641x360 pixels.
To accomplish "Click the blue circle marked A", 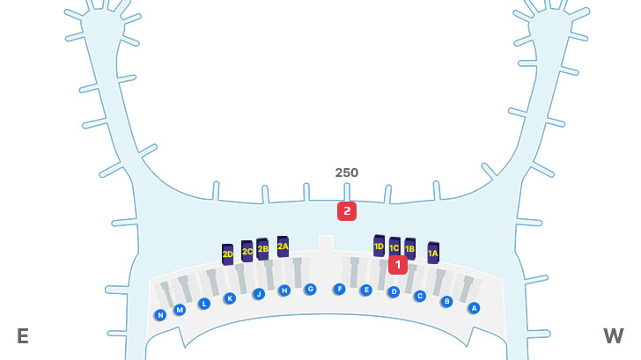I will click(473, 308).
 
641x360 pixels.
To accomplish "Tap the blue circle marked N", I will click(160, 315).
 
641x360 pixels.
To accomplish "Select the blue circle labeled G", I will click(310, 289).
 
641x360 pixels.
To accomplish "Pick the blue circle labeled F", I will click(339, 289).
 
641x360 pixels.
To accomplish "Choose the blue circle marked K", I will click(230, 298).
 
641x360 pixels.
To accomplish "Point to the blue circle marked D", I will click(394, 291).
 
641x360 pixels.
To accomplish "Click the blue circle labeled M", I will click(180, 310).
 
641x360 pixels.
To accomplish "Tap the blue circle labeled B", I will click(446, 301).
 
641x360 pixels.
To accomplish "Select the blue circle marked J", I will click(259, 294).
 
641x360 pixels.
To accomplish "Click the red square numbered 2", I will click(347, 211).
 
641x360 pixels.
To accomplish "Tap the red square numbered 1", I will click(398, 264).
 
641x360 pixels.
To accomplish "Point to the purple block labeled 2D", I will click(227, 253).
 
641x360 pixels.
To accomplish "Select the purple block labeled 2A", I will click(283, 246).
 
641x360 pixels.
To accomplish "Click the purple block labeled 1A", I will click(432, 253).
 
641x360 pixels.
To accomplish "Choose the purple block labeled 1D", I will click(379, 246).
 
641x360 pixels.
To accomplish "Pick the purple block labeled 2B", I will click(262, 248).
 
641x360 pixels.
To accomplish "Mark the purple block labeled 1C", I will click(394, 247).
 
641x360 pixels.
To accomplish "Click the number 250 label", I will click(347, 173).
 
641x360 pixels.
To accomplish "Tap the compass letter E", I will click(23, 336).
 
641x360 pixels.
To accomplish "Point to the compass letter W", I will click(613, 336).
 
